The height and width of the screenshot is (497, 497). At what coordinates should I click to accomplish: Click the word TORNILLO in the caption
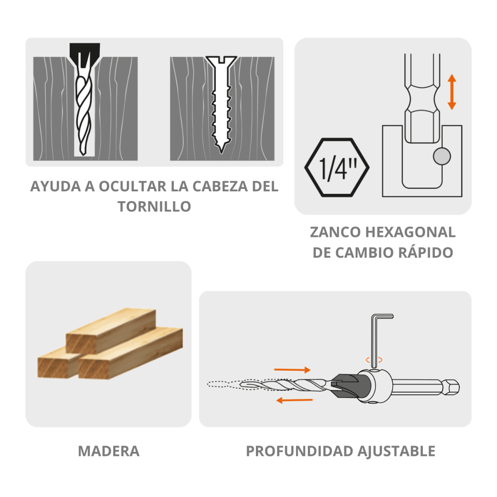tap(154, 206)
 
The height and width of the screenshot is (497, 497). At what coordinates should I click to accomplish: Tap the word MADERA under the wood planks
tap(109, 451)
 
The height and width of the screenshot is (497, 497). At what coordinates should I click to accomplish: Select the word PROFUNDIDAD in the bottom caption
tap(299, 451)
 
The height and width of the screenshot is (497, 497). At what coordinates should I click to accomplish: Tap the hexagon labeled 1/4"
tap(337, 167)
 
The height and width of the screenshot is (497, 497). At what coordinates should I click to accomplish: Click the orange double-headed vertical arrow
tap(452, 92)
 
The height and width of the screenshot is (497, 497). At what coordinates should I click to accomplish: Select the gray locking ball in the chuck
tap(442, 156)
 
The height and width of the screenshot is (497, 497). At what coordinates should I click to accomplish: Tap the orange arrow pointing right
tap(292, 369)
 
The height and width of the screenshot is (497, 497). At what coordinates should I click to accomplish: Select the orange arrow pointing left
tap(294, 400)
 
